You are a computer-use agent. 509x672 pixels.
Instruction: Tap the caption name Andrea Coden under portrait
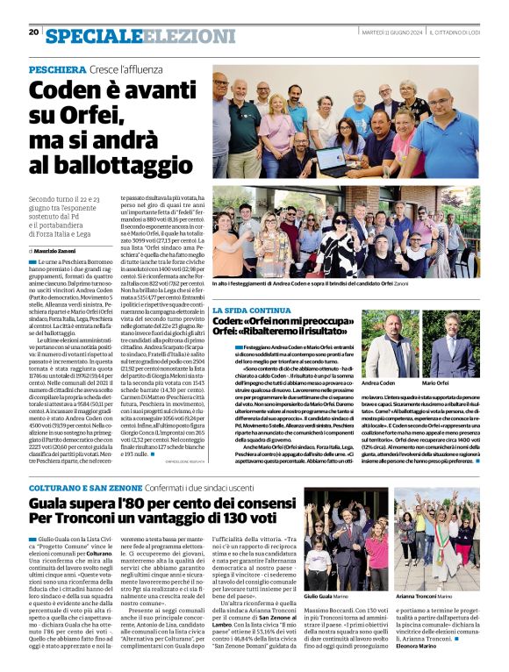click(378, 383)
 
